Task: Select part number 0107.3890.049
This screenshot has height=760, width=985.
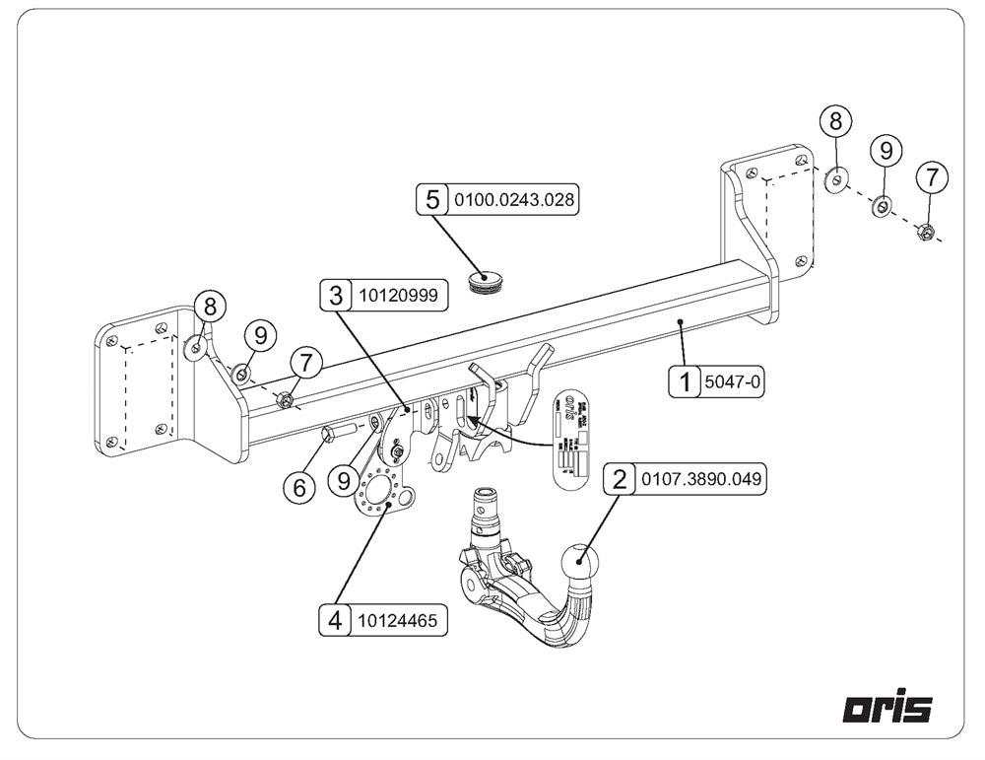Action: tap(700, 480)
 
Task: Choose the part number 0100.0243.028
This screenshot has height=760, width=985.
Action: tap(511, 199)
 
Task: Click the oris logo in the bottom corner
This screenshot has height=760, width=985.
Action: tap(887, 708)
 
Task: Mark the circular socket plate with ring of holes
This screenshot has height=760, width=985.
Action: tap(382, 493)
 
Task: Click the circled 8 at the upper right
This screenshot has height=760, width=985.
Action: tap(835, 122)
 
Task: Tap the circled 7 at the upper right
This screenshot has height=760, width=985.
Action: tap(932, 177)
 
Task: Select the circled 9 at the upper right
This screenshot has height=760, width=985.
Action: tap(885, 150)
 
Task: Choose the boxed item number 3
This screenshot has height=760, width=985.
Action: tap(336, 294)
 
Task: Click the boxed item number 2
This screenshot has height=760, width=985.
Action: tap(620, 480)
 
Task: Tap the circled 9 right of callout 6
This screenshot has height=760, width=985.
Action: tap(344, 480)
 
